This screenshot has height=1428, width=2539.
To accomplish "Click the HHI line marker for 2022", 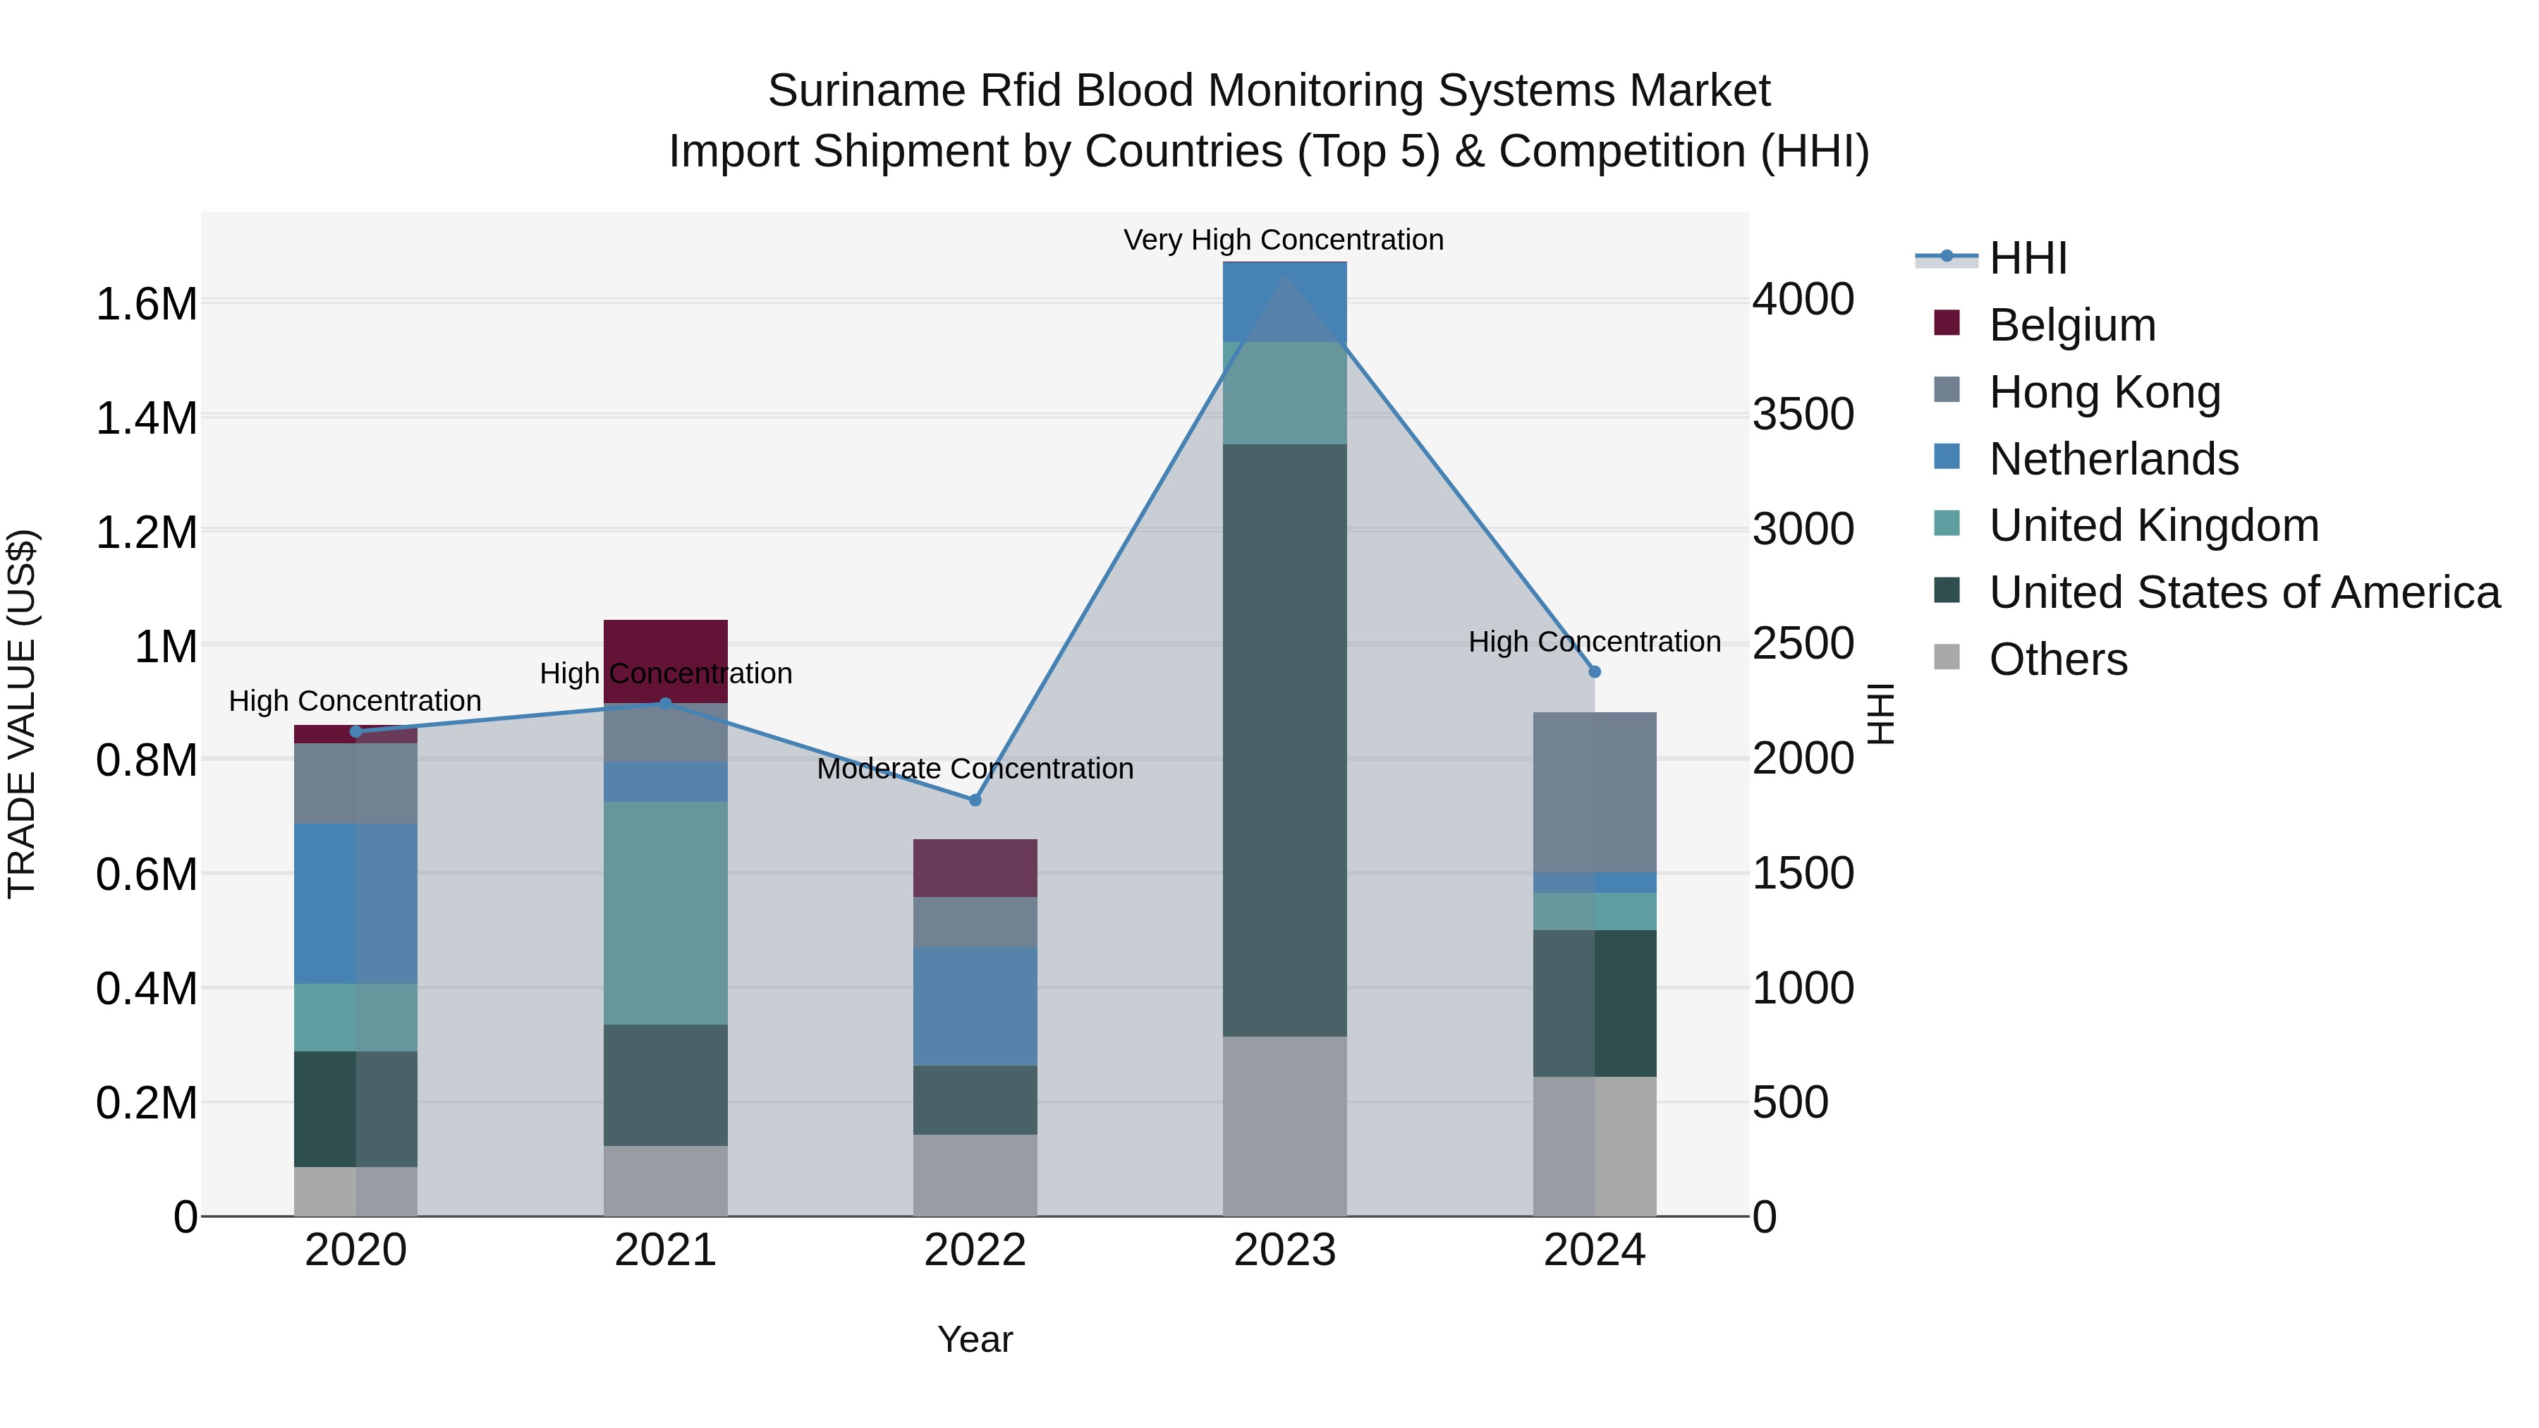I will coord(975,800).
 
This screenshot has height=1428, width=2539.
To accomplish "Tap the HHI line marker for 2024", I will coord(1595,671).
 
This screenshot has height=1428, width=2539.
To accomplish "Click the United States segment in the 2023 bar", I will coord(1284,739).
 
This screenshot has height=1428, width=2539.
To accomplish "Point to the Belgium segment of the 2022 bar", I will coord(975,867).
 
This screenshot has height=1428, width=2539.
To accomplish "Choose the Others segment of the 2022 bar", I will coord(975,1175).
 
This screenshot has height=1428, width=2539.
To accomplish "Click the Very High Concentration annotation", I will coord(1284,240).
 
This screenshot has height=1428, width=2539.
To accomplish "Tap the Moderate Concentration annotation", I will coord(975,768).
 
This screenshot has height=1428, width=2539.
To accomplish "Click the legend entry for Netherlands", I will coord(2113,459).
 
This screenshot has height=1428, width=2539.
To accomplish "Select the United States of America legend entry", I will coord(2243,592).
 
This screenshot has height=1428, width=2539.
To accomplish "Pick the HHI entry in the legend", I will coord(2028,258).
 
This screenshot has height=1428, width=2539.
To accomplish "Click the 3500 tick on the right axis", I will coord(1803,414).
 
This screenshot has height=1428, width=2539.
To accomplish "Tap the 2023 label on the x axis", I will coord(1284,1250).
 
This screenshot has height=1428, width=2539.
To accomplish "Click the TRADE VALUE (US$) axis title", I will coord(23,714).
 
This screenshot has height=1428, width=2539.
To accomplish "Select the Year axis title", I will coord(975,1339).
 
